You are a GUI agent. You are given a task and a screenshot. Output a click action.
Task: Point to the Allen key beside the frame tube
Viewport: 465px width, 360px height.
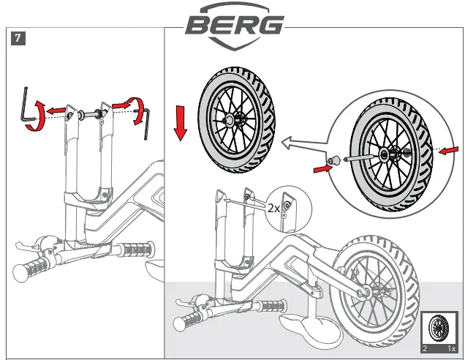(146, 121)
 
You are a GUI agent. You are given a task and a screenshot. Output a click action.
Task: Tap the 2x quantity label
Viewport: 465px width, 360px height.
(273, 208)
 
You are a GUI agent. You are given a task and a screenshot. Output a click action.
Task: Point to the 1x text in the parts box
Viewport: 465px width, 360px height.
(451, 349)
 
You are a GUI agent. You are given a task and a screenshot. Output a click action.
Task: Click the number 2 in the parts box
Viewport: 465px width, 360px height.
(426, 349)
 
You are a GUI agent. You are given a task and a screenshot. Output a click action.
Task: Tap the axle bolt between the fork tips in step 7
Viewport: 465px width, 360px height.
(86, 113)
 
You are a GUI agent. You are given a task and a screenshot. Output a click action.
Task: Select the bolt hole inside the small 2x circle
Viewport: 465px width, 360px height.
(287, 206)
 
